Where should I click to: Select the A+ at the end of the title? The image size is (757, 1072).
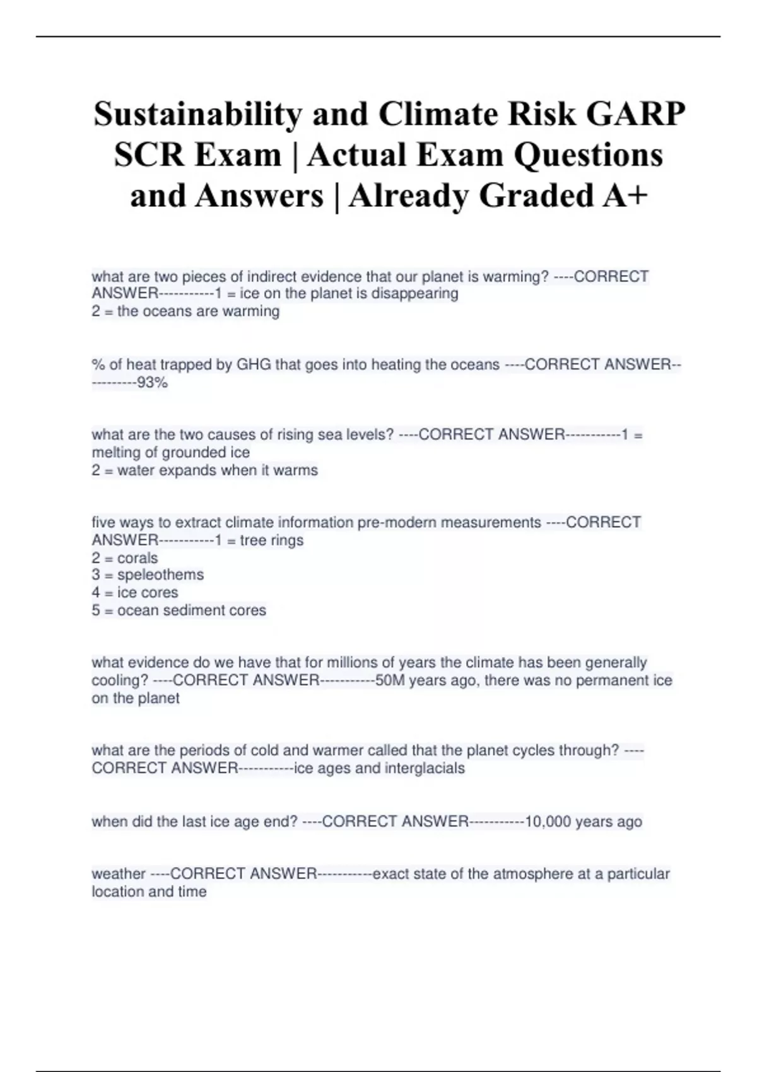625,195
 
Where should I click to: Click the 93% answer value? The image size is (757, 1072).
153,382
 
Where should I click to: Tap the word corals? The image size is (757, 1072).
138,558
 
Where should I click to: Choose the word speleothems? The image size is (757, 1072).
160,575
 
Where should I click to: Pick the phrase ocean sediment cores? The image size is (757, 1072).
192,610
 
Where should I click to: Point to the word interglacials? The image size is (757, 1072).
425,768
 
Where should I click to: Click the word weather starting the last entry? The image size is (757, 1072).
119,874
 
